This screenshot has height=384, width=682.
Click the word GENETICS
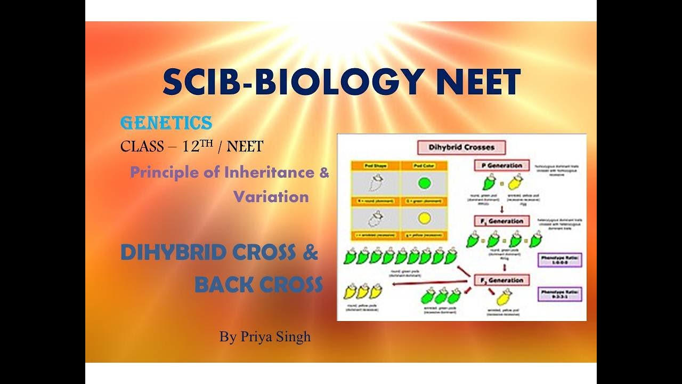166,123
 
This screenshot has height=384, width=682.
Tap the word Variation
271,197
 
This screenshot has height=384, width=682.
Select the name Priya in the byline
256,337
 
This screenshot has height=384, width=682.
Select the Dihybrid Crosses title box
461,147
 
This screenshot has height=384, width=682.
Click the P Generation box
501,165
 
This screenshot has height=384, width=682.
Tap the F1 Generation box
501,221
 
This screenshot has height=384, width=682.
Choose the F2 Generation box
501,280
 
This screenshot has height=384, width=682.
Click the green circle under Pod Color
424,183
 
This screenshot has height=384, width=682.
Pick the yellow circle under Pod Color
424,218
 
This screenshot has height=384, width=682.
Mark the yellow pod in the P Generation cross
515,183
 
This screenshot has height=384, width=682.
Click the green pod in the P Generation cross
488,183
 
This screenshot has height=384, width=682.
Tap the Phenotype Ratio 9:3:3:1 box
559,294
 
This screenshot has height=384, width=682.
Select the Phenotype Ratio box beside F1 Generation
559,260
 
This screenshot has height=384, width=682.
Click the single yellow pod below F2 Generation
502,298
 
